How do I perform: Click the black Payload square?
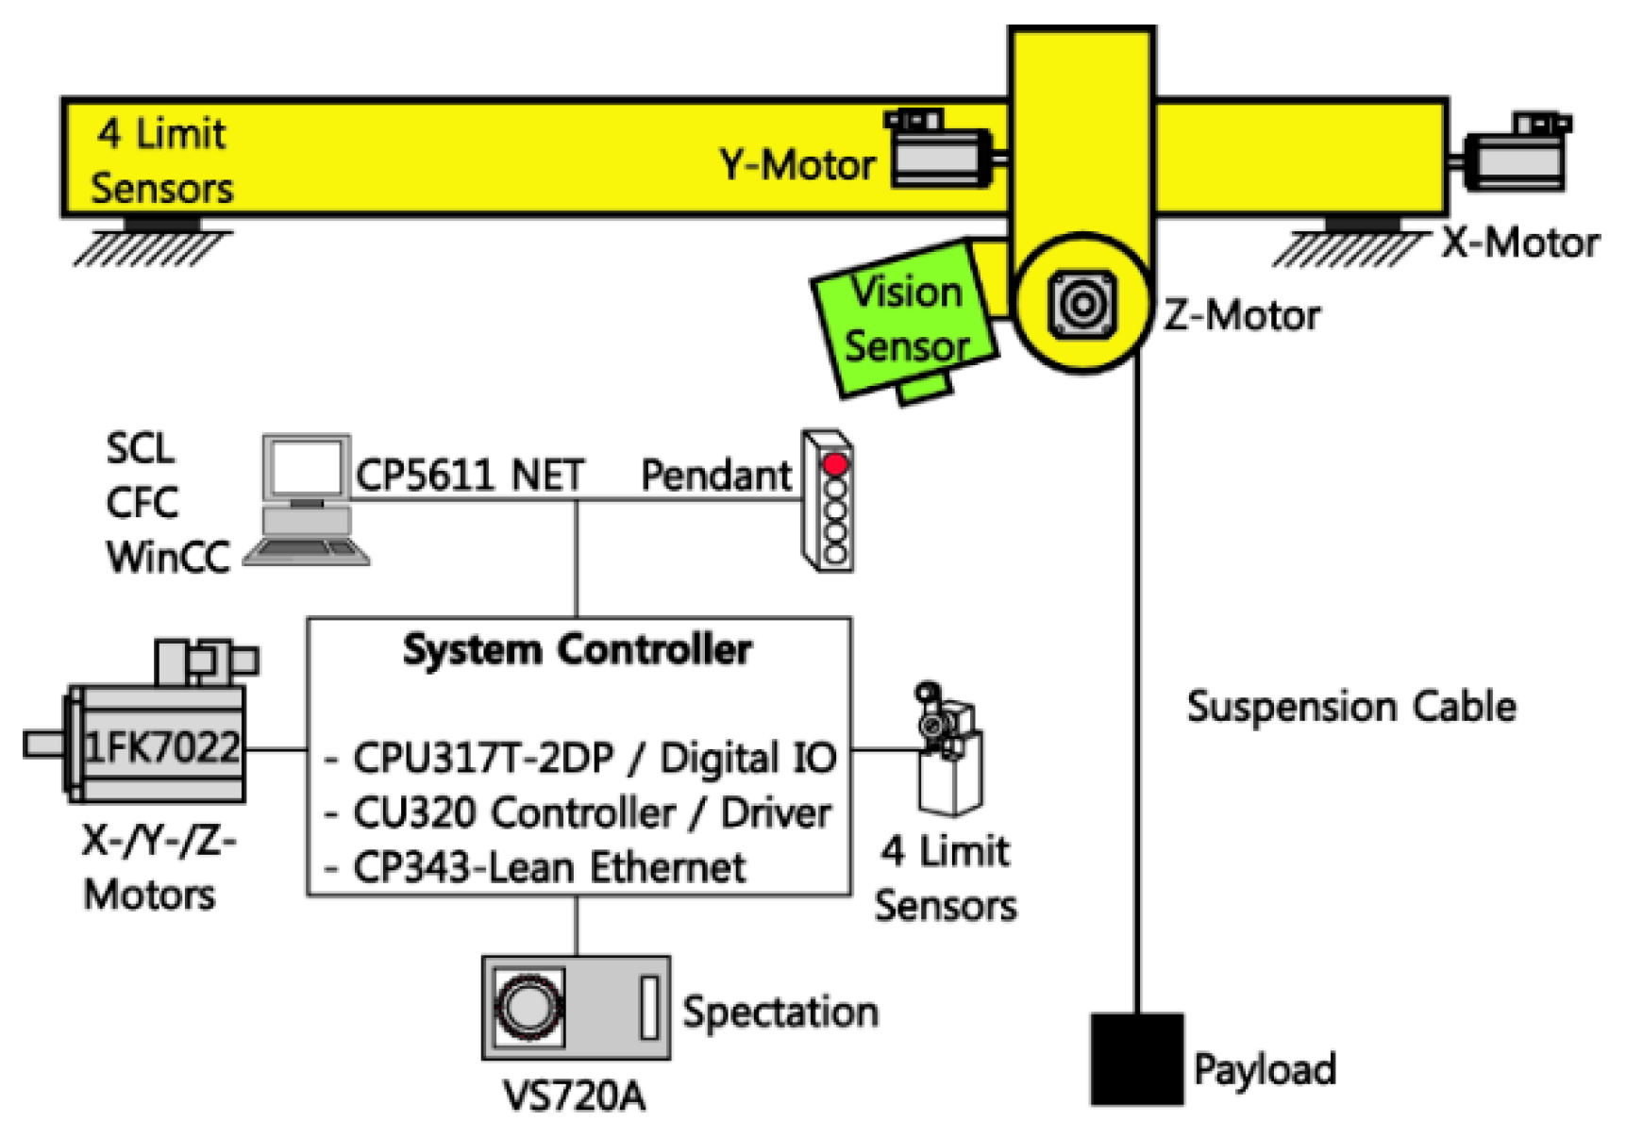point(1136,1059)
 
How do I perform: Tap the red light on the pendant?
point(835,464)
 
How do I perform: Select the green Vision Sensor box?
point(904,319)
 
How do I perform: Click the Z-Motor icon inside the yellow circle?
point(1082,304)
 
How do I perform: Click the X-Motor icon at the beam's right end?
point(1518,154)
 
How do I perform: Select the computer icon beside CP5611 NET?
point(306,500)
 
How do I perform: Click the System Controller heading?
point(577,650)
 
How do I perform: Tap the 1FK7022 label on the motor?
point(162,747)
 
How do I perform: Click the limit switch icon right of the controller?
point(948,750)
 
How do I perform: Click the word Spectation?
point(780,1012)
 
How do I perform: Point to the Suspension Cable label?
point(1350,707)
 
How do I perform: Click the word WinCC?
point(167,557)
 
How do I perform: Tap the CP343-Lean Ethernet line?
point(548,867)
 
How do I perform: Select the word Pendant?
point(715,475)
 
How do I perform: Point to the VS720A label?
point(574,1096)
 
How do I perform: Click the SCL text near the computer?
point(140,448)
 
